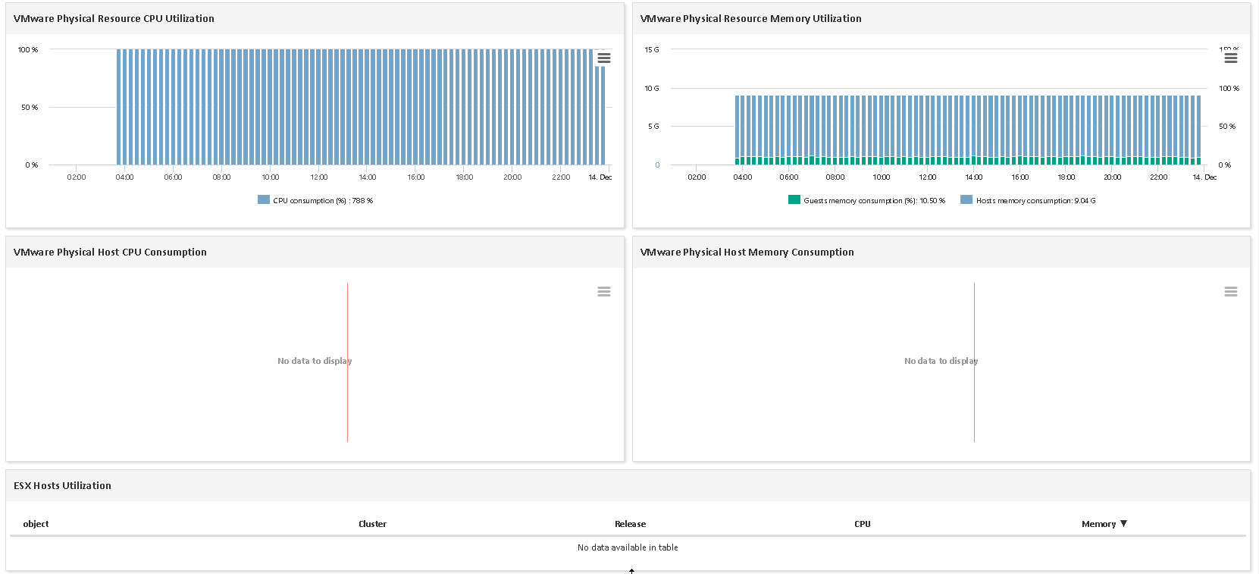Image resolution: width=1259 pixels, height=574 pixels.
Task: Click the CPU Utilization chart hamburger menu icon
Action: click(604, 58)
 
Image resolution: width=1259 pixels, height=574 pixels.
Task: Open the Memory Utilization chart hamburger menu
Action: click(1231, 58)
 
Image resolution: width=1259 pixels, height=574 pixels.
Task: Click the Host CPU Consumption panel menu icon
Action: click(604, 291)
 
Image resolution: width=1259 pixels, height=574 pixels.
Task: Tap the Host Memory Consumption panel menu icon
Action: click(1231, 291)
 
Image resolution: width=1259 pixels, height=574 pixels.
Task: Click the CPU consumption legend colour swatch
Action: click(264, 200)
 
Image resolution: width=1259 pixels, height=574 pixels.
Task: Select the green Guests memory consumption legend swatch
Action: click(794, 200)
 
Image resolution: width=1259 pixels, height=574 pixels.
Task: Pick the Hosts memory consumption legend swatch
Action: click(966, 200)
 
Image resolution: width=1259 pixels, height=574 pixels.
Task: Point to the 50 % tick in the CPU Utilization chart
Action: click(30, 108)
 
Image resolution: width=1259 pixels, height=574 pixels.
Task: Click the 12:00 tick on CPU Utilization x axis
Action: click(319, 177)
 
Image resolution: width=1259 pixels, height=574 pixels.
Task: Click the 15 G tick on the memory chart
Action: click(652, 49)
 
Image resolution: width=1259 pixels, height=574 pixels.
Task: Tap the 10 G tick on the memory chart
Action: click(652, 88)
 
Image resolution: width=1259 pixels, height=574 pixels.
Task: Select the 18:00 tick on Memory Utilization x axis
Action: click(1066, 177)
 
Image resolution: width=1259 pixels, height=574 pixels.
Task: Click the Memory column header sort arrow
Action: click(1124, 523)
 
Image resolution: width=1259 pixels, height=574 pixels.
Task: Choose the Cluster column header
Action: click(372, 524)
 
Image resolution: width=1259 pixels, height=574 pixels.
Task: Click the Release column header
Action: click(630, 524)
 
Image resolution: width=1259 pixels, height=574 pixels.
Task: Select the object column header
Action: click(36, 524)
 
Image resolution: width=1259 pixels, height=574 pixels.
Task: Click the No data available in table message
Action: click(628, 547)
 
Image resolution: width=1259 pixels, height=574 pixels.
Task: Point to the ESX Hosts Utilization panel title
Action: click(62, 485)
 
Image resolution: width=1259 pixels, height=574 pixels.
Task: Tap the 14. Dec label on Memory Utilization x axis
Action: click(1204, 177)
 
